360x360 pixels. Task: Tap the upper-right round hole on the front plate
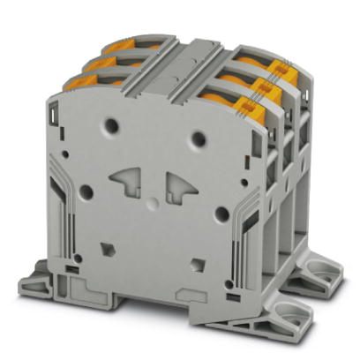[x=199, y=138]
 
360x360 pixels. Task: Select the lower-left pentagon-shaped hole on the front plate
[x=109, y=249]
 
